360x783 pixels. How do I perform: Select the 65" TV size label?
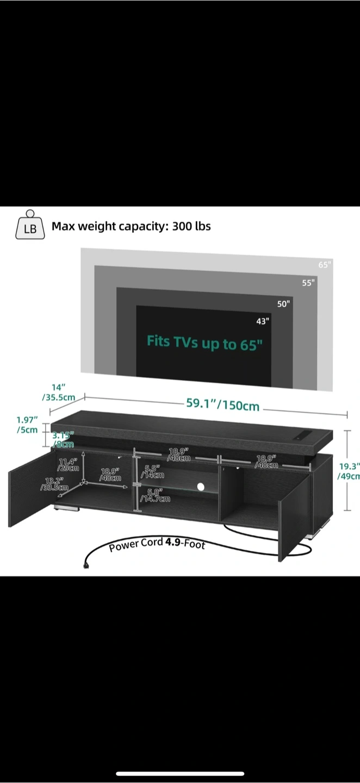(325, 265)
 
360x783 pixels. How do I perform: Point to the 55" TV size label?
(308, 283)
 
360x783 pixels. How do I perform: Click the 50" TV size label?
(284, 303)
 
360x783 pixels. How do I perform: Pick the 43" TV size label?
(263, 321)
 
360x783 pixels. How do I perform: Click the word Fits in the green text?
(158, 341)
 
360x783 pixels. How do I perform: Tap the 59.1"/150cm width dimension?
(223, 405)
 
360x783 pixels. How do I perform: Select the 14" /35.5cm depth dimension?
(59, 393)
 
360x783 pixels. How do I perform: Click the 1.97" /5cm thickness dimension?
(27, 425)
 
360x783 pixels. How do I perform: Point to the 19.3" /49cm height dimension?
(349, 471)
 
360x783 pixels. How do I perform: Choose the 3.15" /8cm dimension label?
(64, 440)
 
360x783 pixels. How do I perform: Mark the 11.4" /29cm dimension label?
(69, 464)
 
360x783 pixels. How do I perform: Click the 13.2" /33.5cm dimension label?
(54, 484)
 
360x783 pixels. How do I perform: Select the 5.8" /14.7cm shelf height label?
(155, 495)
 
